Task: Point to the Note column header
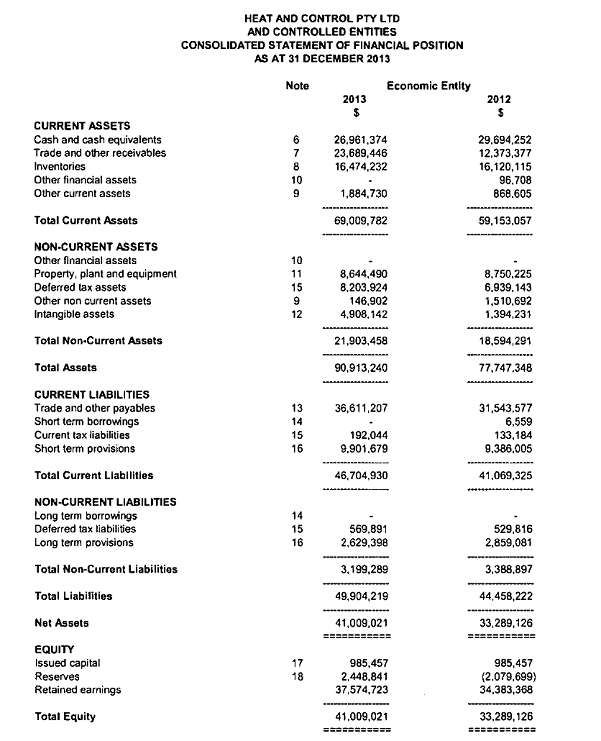click(x=297, y=86)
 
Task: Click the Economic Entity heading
click(x=428, y=86)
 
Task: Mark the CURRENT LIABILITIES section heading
click(x=91, y=395)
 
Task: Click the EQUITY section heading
click(x=55, y=649)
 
